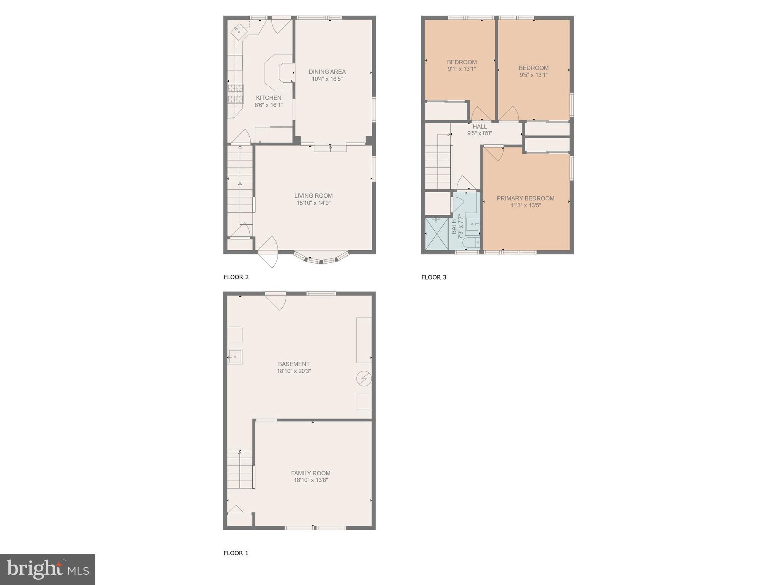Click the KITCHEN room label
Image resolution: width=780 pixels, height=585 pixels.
click(268, 98)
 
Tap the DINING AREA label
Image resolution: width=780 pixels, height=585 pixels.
click(327, 72)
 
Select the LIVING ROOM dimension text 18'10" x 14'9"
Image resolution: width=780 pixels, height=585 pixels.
click(313, 203)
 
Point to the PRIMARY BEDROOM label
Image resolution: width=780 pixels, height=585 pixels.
click(525, 198)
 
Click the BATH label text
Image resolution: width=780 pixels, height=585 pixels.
click(454, 227)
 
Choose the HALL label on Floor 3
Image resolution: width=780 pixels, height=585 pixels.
click(480, 126)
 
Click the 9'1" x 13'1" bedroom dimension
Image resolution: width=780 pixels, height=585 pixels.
click(462, 69)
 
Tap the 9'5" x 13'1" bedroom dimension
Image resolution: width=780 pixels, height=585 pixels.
click(533, 75)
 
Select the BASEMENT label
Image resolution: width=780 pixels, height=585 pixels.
click(294, 364)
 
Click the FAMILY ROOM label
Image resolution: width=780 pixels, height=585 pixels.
click(311, 473)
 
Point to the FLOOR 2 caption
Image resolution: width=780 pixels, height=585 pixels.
click(236, 277)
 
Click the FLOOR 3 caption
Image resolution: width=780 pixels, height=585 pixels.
click(433, 277)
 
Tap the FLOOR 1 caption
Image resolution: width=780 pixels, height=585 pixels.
click(236, 553)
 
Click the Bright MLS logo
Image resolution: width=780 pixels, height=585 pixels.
click(48, 569)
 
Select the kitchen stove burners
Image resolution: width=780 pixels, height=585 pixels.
click(236, 94)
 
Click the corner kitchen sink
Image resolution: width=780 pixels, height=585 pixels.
click(239, 32)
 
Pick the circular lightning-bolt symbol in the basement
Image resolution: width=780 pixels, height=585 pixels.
click(364, 379)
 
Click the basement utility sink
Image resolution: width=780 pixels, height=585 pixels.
click(235, 357)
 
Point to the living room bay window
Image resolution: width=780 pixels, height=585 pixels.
click(321, 258)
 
